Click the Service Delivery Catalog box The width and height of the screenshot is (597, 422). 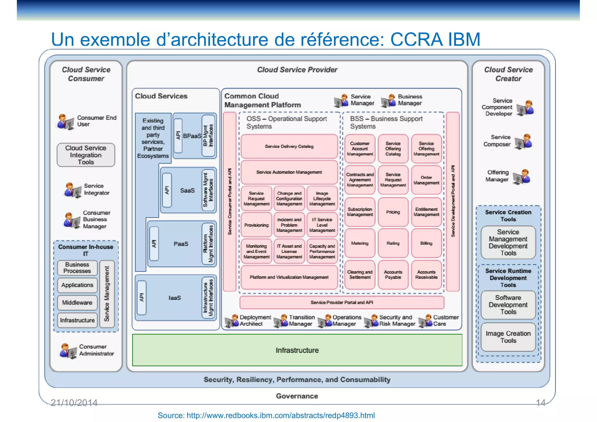pyautogui.click(x=289, y=146)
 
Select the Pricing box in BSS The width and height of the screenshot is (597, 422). pyautogui.click(x=393, y=212)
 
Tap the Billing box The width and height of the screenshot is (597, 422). pyautogui.click(x=426, y=243)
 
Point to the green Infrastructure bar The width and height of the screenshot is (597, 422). pyautogui.click(x=297, y=350)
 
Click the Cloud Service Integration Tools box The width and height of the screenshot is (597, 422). pyautogui.click(x=86, y=155)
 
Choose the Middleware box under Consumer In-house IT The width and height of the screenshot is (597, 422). pyautogui.click(x=77, y=303)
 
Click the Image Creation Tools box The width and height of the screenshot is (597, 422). pyautogui.click(x=508, y=337)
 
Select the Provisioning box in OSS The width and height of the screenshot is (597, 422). pyautogui.click(x=256, y=225)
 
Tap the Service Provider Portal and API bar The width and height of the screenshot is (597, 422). pyautogui.click(x=342, y=303)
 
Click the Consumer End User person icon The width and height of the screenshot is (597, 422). pyautogui.click(x=65, y=122)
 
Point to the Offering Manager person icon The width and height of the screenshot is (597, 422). pyautogui.click(x=522, y=177)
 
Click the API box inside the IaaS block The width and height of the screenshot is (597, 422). pyautogui.click(x=142, y=298)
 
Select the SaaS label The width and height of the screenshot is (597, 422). pyautogui.click(x=187, y=190)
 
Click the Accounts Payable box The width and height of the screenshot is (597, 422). pyautogui.click(x=393, y=275)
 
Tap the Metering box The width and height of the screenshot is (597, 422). pyautogui.click(x=360, y=243)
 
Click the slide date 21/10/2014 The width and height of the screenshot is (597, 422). pyautogui.click(x=74, y=403)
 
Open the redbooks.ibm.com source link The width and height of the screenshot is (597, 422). pyautogui.click(x=266, y=415)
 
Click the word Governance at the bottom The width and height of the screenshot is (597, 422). pyautogui.click(x=297, y=396)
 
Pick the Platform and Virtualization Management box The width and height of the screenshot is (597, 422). pyautogui.click(x=289, y=277)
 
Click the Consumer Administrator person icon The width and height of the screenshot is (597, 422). pyautogui.click(x=68, y=351)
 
